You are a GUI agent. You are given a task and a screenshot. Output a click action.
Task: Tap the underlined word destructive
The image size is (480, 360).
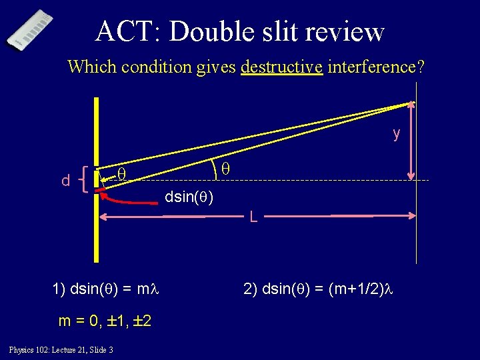281,67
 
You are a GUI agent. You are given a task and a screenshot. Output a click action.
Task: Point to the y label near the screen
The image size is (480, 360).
397,133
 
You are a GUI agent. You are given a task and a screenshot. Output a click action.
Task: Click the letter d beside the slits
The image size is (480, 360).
65,181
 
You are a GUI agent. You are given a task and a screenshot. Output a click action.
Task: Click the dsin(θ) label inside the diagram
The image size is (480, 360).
189,197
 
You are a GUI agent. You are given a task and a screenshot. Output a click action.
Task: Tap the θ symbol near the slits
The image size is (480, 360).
121,175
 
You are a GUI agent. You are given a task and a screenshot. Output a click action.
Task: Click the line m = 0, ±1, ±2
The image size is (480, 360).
105,321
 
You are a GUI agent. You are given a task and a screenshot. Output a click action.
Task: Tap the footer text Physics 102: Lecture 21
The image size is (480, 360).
61,350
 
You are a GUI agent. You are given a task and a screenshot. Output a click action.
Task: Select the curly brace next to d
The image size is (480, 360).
83,179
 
